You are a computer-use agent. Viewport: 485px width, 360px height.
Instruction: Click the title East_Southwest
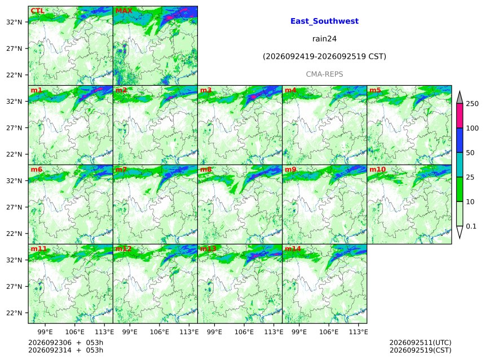[324, 21]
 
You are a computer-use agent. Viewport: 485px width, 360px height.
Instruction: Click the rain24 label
[324, 39]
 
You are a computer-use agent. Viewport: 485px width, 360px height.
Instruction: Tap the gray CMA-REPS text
[324, 74]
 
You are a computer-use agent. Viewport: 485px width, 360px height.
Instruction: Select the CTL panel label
[37, 11]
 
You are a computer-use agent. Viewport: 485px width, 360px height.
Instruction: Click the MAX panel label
[124, 11]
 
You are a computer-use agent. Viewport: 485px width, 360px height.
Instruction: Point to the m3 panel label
[206, 90]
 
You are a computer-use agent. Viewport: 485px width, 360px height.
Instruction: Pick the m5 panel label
[375, 90]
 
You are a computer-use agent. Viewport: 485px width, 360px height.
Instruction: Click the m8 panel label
[206, 169]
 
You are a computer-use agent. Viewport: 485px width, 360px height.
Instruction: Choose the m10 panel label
[378, 169]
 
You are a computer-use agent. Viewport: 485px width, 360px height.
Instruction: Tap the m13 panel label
[208, 249]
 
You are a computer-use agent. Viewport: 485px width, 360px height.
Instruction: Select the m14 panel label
[293, 249]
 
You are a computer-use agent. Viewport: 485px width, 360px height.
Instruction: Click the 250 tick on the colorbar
[473, 104]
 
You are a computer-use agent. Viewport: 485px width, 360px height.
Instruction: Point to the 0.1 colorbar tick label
[471, 226]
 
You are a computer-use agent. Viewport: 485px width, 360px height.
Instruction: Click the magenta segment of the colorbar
[460, 116]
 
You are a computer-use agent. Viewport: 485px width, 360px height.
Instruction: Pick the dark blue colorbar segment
[460, 141]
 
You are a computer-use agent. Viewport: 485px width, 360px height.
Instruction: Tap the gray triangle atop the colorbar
[460, 98]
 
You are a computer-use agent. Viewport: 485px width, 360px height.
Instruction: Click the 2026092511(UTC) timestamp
[420, 343]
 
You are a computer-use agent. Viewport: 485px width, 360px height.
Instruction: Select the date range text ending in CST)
[324, 56]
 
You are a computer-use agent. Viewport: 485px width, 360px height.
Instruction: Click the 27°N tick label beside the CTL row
[14, 49]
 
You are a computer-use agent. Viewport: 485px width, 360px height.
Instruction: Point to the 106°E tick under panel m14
[328, 332]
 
